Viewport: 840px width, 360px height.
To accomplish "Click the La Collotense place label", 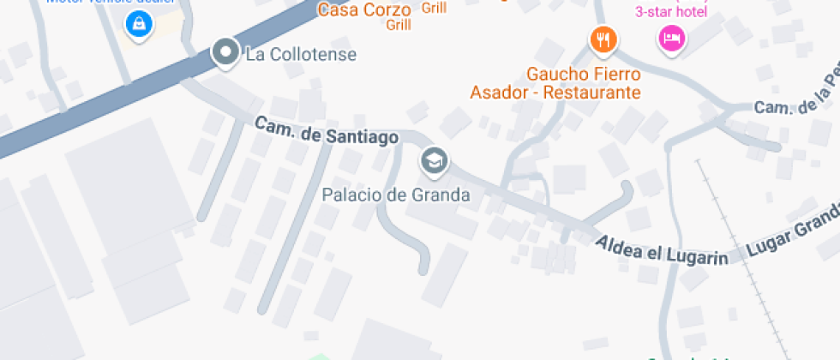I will coord(300,55).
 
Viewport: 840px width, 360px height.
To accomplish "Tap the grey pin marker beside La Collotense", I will coord(225,52).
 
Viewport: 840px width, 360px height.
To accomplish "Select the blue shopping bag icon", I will coord(137,25).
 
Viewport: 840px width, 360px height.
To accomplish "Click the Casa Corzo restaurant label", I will coord(354,10).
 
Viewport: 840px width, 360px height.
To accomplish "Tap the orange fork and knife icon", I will coord(603,39).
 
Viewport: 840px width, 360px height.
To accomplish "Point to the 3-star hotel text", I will coord(670,11).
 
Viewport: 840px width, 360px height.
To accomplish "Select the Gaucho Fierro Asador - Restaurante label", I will coord(555,83).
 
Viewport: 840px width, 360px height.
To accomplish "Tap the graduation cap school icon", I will coord(434,160).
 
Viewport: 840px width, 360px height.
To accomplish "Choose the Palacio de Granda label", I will coord(396,195).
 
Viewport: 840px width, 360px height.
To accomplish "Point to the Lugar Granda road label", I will coord(793,233).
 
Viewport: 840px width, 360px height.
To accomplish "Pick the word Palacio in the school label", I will coord(347,195).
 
